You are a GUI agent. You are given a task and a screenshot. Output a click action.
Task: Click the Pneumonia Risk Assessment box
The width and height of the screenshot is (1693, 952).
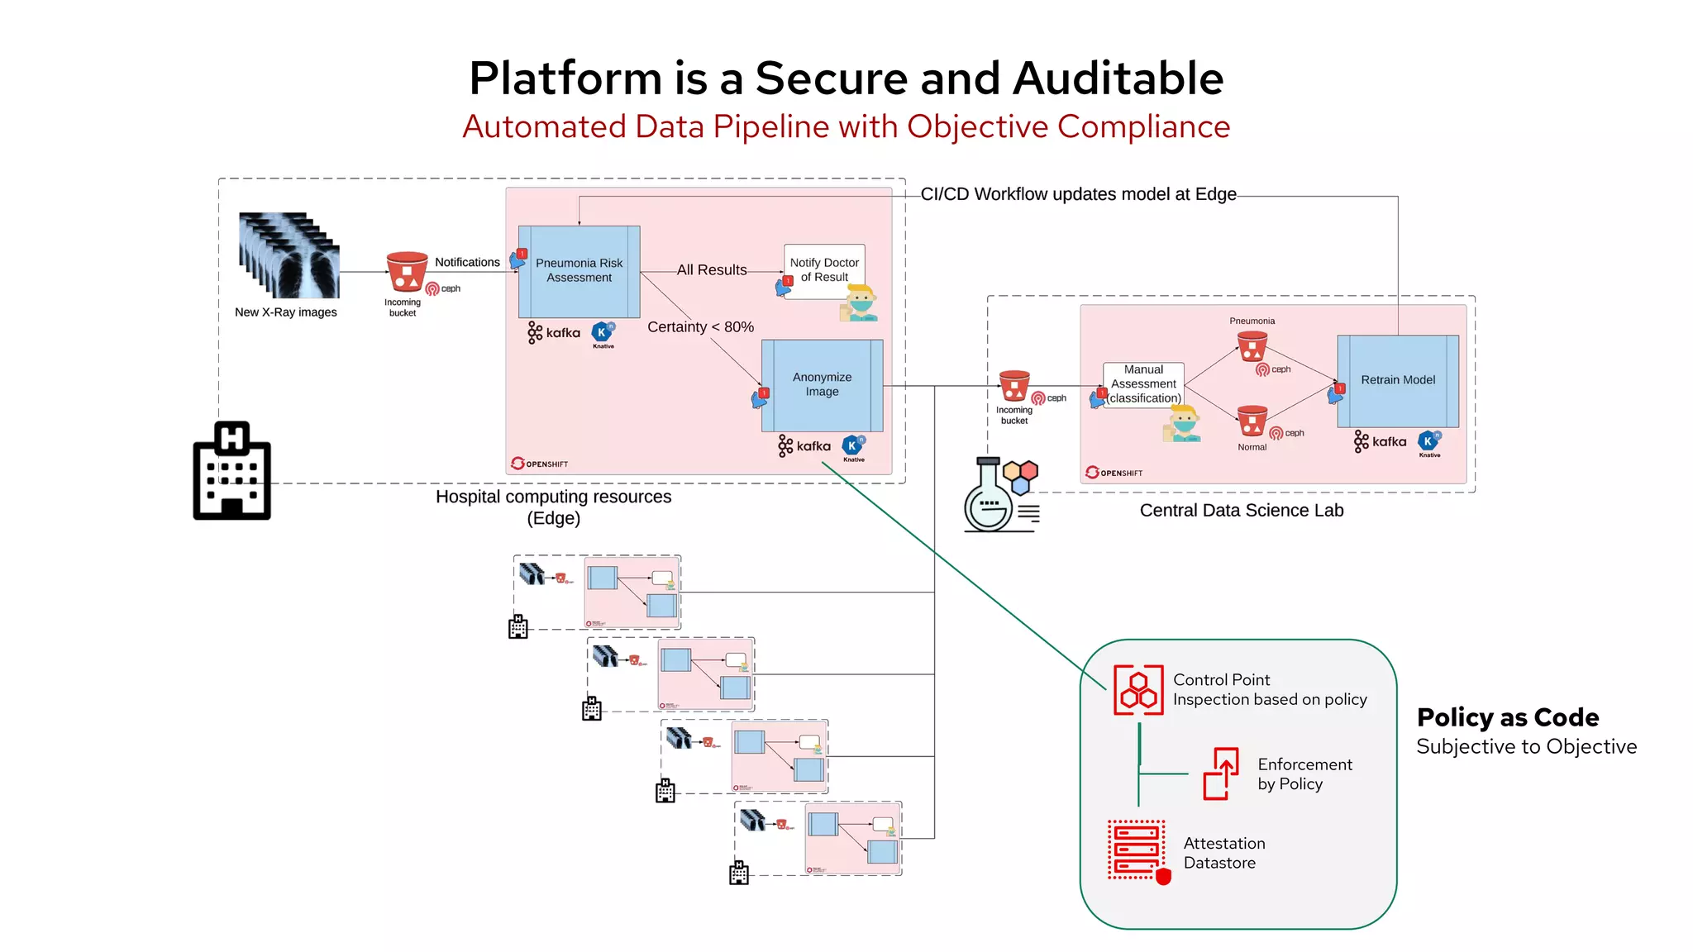tap(579, 271)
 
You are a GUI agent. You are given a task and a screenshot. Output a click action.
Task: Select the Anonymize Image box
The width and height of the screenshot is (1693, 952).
tap(822, 385)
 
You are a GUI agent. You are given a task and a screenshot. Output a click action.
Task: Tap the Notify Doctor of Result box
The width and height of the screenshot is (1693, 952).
tap(824, 270)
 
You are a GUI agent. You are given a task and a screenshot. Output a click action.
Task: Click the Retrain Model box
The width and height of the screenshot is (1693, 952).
tap(1398, 380)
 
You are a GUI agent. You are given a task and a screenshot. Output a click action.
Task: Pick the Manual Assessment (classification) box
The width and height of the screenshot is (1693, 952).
tap(1144, 384)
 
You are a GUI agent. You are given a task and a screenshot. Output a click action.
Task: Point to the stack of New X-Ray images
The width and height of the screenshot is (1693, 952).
tap(289, 256)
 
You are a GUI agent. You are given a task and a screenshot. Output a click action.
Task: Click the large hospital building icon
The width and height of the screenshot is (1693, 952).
tap(232, 471)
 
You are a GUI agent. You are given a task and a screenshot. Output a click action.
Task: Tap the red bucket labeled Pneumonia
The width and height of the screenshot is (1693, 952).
tap(1252, 346)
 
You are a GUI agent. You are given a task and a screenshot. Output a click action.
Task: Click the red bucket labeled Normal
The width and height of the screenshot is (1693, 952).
tap(1252, 421)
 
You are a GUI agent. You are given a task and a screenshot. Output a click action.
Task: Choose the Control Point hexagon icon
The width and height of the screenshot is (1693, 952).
tap(1138, 690)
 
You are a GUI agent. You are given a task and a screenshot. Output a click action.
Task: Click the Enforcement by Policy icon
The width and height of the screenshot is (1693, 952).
tap(1221, 773)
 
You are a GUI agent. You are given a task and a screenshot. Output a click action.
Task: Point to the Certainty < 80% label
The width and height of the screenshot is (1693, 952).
tap(700, 327)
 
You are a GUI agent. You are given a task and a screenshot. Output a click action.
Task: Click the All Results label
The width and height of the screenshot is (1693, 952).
tap(711, 270)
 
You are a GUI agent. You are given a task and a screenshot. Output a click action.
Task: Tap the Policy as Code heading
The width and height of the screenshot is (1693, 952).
tap(1507, 717)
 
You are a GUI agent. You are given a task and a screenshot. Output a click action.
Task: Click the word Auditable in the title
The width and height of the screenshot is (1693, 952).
tap(1118, 79)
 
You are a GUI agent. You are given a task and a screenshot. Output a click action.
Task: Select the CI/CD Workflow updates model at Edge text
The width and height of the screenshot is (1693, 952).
tap(1078, 194)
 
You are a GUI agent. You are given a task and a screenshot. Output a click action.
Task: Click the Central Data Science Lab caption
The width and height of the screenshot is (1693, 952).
tap(1241, 511)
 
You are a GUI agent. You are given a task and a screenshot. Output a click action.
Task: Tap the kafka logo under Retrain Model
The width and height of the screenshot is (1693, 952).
tap(1381, 442)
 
